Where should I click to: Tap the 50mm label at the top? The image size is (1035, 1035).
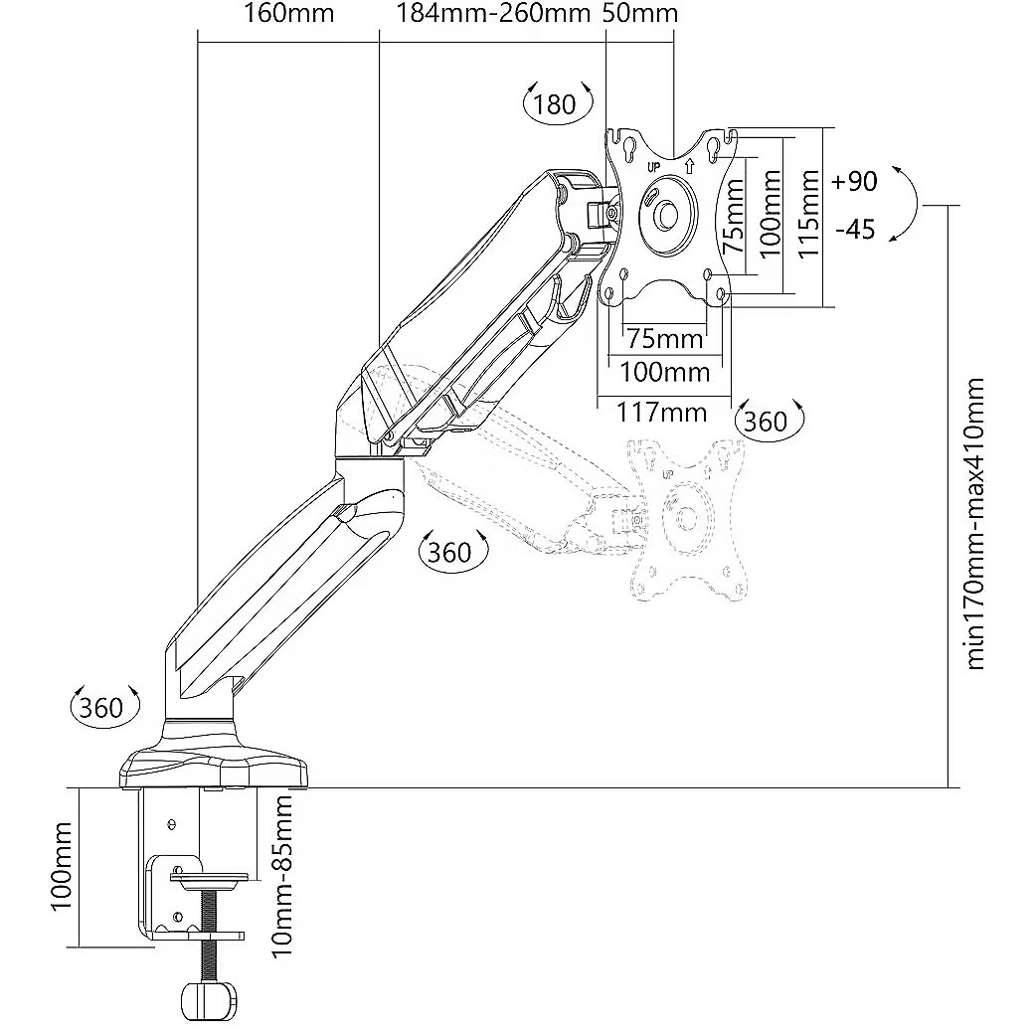click(640, 14)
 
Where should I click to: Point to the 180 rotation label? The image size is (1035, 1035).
click(555, 103)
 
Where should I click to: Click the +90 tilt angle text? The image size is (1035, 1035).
click(854, 181)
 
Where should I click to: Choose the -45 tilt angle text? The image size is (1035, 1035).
click(855, 230)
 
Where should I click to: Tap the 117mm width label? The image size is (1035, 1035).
click(662, 412)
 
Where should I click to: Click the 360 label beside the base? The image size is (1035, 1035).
click(101, 707)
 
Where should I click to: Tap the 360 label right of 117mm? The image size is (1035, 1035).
click(766, 422)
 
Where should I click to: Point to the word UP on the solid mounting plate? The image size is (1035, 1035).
click(654, 166)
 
